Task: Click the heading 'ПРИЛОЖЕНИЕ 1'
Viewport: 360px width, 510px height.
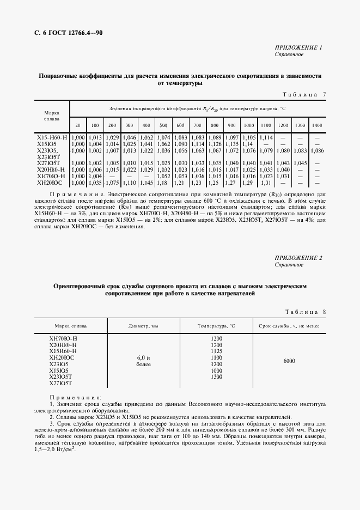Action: [x=299, y=48]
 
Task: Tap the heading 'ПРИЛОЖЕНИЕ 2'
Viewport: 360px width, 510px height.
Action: [x=299, y=257]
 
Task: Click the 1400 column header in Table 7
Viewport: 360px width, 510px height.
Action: [x=317, y=125]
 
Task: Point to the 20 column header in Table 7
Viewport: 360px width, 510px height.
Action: [x=78, y=125]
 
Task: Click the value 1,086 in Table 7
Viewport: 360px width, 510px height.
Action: [x=317, y=150]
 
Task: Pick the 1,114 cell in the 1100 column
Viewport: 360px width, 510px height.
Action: [x=266, y=138]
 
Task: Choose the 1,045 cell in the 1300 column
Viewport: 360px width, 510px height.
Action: [x=300, y=163]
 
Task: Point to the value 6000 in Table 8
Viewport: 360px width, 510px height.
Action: [x=289, y=361]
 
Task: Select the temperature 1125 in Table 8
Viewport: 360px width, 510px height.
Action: [x=216, y=351]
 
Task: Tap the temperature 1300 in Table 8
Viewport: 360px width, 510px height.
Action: [x=216, y=377]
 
